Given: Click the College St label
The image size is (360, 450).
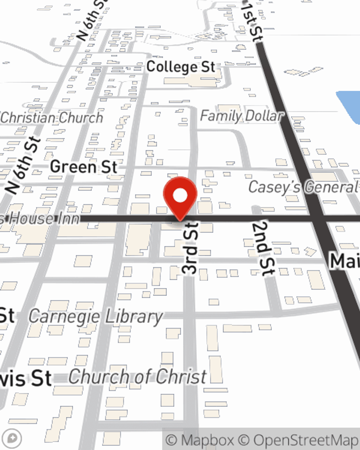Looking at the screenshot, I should tap(181, 67).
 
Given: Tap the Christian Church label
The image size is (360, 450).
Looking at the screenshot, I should tap(52, 118).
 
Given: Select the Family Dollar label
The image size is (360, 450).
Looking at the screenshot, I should tap(242, 116).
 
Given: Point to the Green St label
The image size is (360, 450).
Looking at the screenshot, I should tap(84, 167).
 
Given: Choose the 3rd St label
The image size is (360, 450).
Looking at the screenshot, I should tap(190, 248).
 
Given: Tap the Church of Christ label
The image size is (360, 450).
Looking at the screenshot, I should tap(138, 377).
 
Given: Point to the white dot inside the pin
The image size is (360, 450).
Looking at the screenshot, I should tap(180, 196).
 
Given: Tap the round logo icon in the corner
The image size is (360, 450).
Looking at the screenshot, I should tap(12, 438).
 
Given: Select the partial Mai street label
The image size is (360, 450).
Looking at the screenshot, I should tap(345, 261).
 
